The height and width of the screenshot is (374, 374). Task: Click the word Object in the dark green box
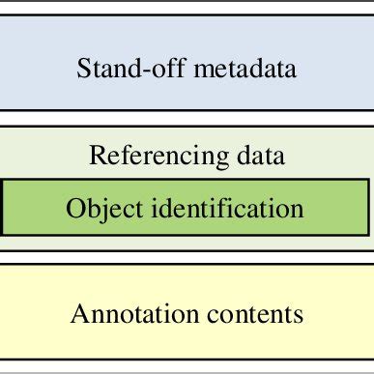(98, 209)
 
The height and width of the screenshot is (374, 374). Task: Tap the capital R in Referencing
(96, 155)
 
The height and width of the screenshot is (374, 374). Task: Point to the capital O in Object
(73, 209)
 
